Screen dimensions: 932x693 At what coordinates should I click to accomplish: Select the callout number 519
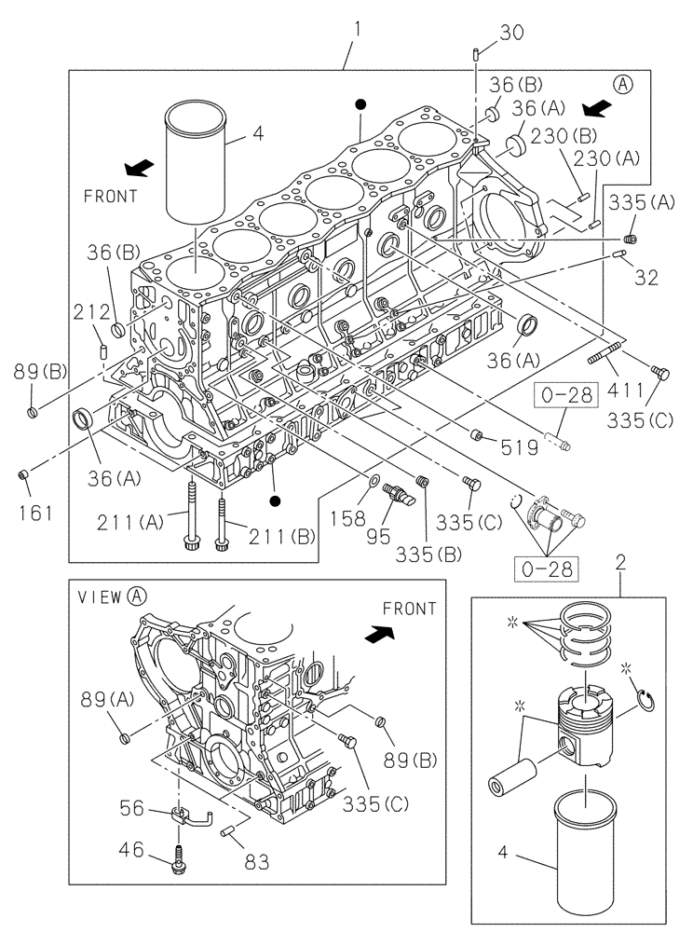point(519,447)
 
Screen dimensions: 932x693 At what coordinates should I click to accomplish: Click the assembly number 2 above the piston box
point(619,562)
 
